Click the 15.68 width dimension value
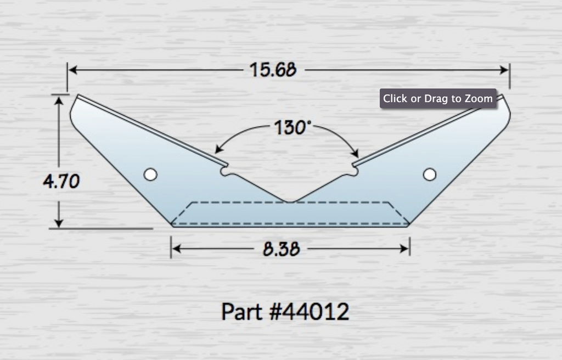[x=273, y=70]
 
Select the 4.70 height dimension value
[x=61, y=181]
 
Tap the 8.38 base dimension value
[x=281, y=249]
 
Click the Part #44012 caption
[x=285, y=312]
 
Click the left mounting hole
[x=150, y=175]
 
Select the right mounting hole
[x=430, y=175]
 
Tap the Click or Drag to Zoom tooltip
[x=438, y=99]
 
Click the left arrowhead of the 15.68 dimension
[x=72, y=70]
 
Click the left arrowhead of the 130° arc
[x=218, y=150]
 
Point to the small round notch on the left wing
[x=225, y=171]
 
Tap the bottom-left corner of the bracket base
[x=171, y=224]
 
